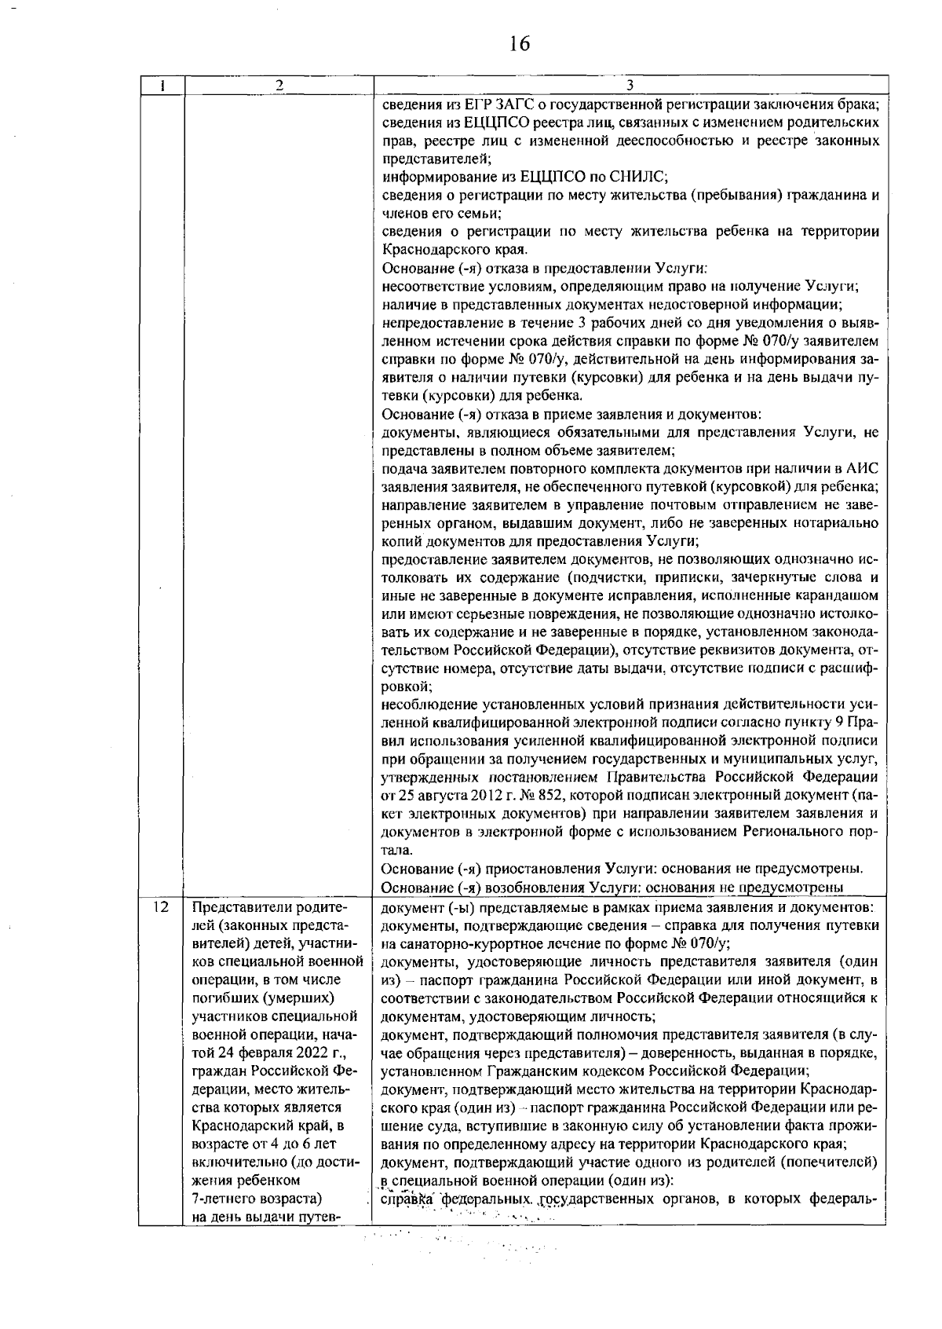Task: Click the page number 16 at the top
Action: coord(520,44)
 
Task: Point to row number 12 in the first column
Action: coord(161,907)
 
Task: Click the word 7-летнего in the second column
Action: coord(221,1199)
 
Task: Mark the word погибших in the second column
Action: coord(221,998)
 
